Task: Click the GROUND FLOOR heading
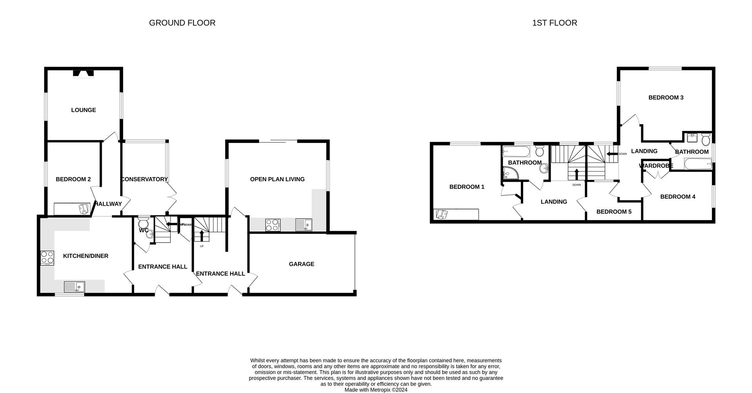click(182, 23)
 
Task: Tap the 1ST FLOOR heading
click(554, 23)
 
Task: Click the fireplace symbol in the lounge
click(83, 73)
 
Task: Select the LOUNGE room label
click(83, 110)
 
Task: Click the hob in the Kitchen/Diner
click(47, 257)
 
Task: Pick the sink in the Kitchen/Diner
click(75, 287)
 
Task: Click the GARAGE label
click(301, 264)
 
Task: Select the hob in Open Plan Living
click(273, 225)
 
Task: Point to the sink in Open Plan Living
click(304, 225)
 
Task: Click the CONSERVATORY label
click(144, 179)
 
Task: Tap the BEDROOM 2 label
click(73, 179)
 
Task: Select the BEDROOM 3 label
click(666, 98)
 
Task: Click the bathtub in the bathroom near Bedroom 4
click(698, 164)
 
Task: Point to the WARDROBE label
click(656, 166)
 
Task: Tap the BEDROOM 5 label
click(614, 212)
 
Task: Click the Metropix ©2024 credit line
click(376, 389)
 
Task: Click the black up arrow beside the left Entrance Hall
click(202, 235)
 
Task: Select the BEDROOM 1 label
click(466, 187)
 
